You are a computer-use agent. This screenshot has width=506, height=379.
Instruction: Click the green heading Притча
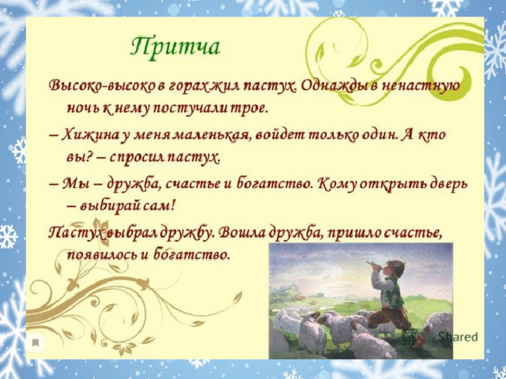(176, 48)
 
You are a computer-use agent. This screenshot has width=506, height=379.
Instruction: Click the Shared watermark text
(458, 337)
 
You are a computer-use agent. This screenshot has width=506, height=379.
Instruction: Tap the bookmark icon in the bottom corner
(36, 343)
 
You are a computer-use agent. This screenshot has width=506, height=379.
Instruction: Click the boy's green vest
(395, 295)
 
